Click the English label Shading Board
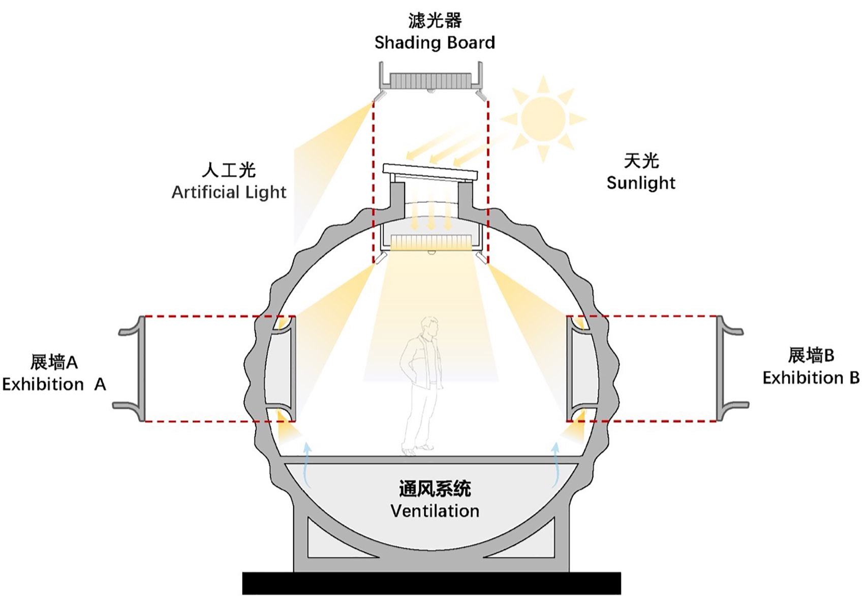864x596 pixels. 435,43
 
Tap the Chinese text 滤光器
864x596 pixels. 435,21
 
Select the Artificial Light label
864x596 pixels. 229,192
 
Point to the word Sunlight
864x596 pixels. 641,183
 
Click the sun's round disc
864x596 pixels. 543,119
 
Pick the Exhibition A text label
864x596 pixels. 54,384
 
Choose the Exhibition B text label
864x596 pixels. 811,378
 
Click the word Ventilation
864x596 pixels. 435,511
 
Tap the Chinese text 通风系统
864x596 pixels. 435,489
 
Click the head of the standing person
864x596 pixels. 430,327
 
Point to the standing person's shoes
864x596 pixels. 417,449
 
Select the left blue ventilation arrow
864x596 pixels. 306,465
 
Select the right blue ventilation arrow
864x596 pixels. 556,465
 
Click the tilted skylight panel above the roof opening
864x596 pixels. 430,171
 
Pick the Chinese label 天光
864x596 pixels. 641,161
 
